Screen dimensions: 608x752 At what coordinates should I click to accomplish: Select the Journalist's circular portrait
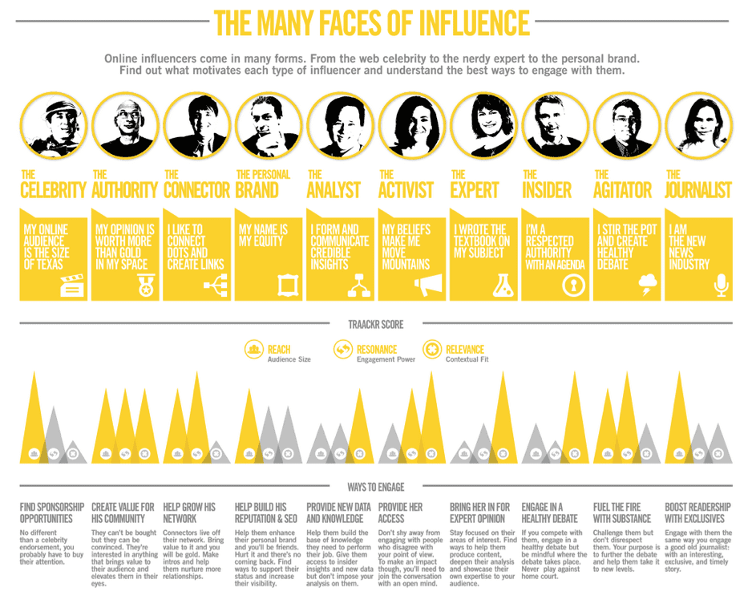tap(698, 125)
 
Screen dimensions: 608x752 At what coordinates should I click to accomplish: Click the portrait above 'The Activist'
tap(411, 125)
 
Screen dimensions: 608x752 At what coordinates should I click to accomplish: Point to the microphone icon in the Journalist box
tap(721, 284)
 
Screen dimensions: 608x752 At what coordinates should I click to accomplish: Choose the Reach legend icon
tap(255, 350)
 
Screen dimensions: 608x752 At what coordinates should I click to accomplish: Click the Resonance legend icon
tap(343, 350)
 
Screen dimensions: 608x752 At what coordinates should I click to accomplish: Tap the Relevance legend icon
tap(432, 350)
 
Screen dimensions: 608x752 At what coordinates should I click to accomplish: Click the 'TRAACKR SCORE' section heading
tap(376, 325)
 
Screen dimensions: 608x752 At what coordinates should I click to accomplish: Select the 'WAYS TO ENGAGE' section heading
tap(376, 487)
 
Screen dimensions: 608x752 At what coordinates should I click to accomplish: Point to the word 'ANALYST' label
tap(335, 190)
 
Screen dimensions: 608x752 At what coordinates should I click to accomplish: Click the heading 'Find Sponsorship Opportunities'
tap(52, 513)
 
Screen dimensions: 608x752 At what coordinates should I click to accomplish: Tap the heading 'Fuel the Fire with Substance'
tap(622, 513)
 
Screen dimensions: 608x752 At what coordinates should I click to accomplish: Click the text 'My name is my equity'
tap(263, 235)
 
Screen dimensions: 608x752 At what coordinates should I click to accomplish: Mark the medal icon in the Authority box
tap(145, 284)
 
